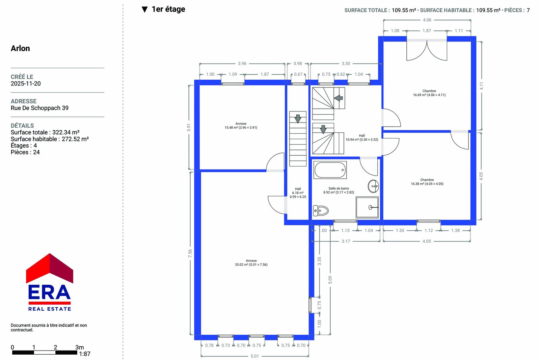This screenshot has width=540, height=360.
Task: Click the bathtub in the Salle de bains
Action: coord(330,170)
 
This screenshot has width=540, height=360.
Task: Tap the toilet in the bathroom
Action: coord(321,211)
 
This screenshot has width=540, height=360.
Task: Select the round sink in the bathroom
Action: coord(373,186)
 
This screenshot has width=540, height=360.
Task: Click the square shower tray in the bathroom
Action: coord(367,207)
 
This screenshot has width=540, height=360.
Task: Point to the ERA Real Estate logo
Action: coord(49,282)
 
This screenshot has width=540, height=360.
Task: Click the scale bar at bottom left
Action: coord(45,353)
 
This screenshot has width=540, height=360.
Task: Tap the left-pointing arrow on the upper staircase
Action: coord(339,98)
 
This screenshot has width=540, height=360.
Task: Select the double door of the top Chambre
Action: coord(427,50)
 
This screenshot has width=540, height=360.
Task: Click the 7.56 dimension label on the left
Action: coord(190,253)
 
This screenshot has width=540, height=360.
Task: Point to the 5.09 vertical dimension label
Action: coord(330,280)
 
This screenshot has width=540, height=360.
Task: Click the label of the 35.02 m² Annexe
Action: coord(251,262)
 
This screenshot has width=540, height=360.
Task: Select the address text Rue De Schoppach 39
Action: coord(39,108)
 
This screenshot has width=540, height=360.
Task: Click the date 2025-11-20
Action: coord(26,83)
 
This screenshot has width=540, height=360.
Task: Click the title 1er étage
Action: coord(168,9)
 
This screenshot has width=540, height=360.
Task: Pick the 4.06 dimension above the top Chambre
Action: coord(427,20)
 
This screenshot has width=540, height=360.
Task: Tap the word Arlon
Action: coord(20,48)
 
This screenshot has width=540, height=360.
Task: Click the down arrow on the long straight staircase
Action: coord(298,119)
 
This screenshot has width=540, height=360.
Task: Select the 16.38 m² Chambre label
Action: coord(427,182)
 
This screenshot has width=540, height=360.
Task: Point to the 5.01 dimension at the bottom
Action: coord(254,356)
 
